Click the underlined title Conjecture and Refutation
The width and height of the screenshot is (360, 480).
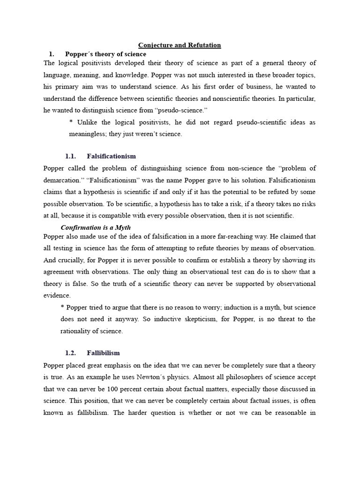(x=180, y=45)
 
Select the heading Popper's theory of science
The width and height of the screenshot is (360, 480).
(x=105, y=54)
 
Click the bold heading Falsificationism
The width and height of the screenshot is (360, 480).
(x=112, y=156)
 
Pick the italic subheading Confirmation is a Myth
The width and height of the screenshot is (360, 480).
(x=96, y=227)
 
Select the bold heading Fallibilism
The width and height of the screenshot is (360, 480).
(x=104, y=352)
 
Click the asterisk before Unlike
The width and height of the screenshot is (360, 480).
(x=71, y=122)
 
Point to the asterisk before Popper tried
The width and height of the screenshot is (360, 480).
(x=63, y=307)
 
